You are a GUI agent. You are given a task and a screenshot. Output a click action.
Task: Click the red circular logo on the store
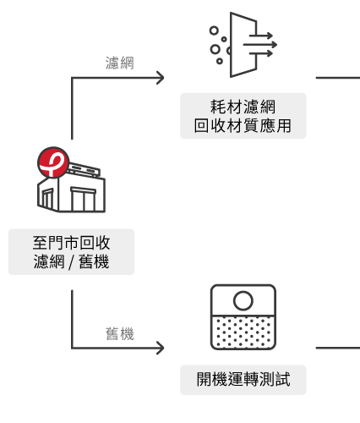pyautogui.click(x=53, y=162)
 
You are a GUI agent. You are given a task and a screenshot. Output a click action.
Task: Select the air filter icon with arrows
pyautogui.click(x=243, y=45)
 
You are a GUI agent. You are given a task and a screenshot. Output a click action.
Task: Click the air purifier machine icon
pyautogui.click(x=243, y=317)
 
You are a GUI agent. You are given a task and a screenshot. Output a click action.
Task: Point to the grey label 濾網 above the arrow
pyautogui.click(x=119, y=63)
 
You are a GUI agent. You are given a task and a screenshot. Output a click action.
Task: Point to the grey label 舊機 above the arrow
pyautogui.click(x=119, y=334)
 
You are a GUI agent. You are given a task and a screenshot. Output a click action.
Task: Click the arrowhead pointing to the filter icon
pyautogui.click(x=161, y=78)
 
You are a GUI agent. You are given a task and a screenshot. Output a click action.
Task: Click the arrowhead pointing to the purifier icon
pyautogui.click(x=161, y=348)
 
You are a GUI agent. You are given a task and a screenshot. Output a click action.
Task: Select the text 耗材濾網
pyautogui.click(x=243, y=107)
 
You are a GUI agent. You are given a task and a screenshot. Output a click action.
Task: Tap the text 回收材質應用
pyautogui.click(x=243, y=125)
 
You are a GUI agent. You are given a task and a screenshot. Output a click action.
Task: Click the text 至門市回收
pyautogui.click(x=71, y=243)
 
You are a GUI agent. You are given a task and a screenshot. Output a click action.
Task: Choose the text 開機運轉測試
pyautogui.click(x=243, y=379)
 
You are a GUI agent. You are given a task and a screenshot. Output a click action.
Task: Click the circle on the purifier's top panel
pyautogui.click(x=243, y=300)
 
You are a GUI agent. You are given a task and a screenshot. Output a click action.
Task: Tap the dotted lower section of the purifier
pyautogui.click(x=243, y=332)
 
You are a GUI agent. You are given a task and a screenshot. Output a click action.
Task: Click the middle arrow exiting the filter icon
pyautogui.click(x=260, y=45)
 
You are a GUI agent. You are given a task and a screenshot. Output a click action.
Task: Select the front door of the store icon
pyautogui.click(x=84, y=199)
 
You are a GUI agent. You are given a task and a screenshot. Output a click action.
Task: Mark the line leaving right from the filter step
pyautogui.click(x=338, y=78)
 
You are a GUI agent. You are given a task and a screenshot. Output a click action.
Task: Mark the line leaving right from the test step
pyautogui.click(x=338, y=348)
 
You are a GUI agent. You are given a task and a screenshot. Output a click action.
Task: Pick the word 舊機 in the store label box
pyautogui.click(x=94, y=261)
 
